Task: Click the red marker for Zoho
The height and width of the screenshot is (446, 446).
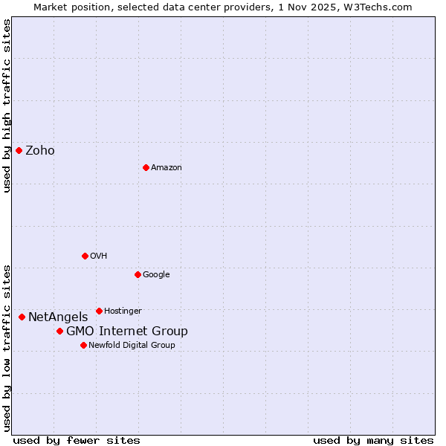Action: coord(19,150)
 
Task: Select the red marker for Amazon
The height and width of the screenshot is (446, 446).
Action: coord(146,167)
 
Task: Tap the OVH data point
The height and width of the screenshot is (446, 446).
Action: coord(85,256)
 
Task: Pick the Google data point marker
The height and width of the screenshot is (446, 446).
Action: coord(138,274)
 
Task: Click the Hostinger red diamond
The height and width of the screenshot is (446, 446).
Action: coord(99,311)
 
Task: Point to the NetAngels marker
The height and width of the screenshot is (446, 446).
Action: coord(22,317)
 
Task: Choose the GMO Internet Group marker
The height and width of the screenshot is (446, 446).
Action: coord(59,331)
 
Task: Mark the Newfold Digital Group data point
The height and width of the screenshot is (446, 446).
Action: coord(83,345)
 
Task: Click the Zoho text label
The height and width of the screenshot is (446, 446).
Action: coord(40,151)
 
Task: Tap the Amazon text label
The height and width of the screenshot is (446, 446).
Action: coord(167,168)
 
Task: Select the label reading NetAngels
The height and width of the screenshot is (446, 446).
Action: coord(58,317)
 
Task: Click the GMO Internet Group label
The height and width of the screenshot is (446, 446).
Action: coord(127,332)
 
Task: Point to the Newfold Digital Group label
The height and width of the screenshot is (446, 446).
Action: coord(132,345)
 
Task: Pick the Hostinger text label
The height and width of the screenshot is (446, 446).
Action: coord(123,311)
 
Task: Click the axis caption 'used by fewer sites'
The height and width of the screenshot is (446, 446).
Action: coord(77,440)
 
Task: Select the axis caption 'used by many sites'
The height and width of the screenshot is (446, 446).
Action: coord(373,440)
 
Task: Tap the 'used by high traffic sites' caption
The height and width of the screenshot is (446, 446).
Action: coord(7,106)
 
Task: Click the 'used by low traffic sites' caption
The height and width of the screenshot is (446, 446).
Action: coord(7,347)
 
